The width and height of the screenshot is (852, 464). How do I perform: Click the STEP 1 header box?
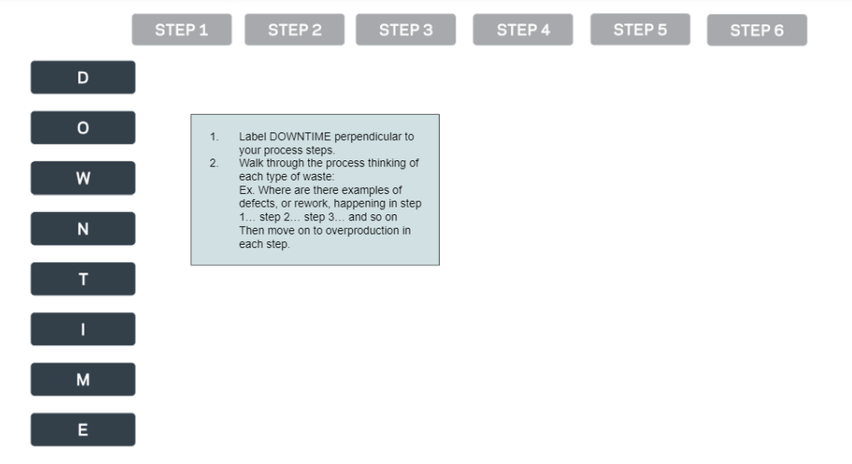pos(182,30)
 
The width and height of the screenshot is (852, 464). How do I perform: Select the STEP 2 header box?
pos(295,30)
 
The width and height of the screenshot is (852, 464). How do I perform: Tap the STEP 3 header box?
pos(405,30)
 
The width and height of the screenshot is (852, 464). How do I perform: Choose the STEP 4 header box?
pos(523,30)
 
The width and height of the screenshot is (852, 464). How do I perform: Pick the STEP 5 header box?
pos(639,30)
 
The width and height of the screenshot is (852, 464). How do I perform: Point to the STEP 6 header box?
pos(757,30)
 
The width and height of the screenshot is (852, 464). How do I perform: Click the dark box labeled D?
pos(83,78)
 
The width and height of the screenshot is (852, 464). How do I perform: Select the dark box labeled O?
pos(83,128)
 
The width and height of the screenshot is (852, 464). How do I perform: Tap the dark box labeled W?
pos(83,178)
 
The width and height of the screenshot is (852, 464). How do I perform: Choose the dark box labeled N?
pos(83,229)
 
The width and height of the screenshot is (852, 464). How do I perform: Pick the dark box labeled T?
pos(83,279)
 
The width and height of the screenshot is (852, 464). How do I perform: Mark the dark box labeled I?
pos(83,329)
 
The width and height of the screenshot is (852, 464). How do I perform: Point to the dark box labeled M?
pos(83,380)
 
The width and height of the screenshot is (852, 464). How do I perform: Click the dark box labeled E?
pos(83,430)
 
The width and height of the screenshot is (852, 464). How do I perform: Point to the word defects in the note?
pos(258,204)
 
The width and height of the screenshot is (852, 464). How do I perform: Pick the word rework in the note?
pos(312,204)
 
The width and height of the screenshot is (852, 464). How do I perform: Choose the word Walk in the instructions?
pos(251,163)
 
